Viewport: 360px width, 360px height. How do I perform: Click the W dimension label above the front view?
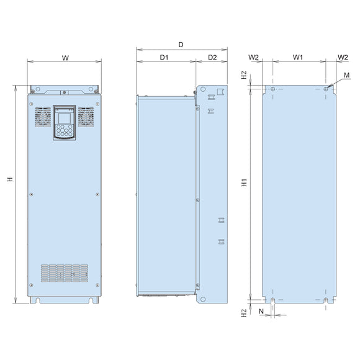[x=65, y=58]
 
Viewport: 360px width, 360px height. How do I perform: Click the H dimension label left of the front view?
[x=10, y=179]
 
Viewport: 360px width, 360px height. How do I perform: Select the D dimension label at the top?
[x=181, y=45]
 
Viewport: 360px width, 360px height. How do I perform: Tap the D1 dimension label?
[x=164, y=57]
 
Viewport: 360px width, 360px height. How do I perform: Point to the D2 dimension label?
[x=212, y=57]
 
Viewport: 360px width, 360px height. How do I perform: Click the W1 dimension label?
[x=298, y=57]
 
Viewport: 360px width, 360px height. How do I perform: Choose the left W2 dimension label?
[x=253, y=57]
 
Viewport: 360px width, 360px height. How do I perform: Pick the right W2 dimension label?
[x=343, y=57]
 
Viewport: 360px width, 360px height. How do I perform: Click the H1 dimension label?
[x=245, y=182]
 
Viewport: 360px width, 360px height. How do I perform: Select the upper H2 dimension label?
[x=244, y=75]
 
